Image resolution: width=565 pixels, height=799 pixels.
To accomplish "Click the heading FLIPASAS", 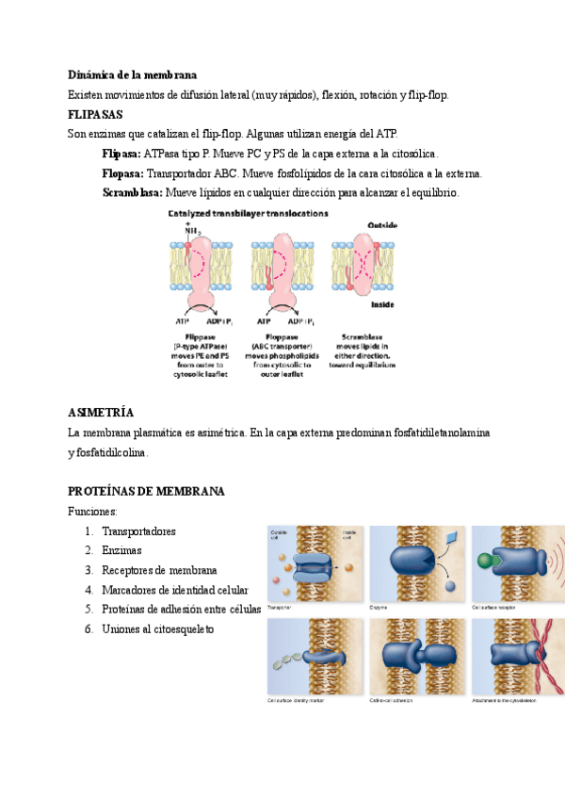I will pyautogui.click(x=96, y=114).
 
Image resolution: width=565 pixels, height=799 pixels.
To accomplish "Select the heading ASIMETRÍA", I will pyautogui.click(x=101, y=413).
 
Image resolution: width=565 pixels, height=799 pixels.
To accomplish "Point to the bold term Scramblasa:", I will pyautogui.click(x=132, y=193).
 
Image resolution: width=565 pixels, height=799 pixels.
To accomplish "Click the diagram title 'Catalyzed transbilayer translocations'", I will pyautogui.click(x=248, y=214).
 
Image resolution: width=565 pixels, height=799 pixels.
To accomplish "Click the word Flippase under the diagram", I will pyautogui.click(x=192, y=335).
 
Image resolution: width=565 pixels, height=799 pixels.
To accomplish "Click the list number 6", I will pyautogui.click(x=88, y=628).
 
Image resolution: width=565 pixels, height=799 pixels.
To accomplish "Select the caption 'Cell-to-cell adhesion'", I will pyautogui.click(x=391, y=701).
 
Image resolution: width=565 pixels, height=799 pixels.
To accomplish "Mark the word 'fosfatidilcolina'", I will pyautogui.click(x=112, y=452).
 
